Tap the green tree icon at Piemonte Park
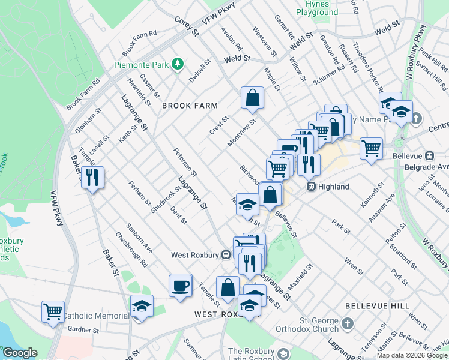point(178,64)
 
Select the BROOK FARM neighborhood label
point(190,106)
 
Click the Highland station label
point(334,187)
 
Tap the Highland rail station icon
point(312,187)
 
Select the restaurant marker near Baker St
point(93,177)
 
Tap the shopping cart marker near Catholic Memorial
point(53,312)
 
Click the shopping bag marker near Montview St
point(253,98)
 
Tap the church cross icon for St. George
point(348,325)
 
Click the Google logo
point(20,353)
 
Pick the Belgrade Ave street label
point(427,166)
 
